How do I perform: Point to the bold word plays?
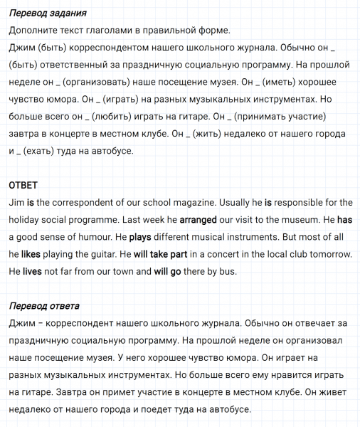[141, 237]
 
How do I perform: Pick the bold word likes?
[32, 254]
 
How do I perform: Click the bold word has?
[344, 220]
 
